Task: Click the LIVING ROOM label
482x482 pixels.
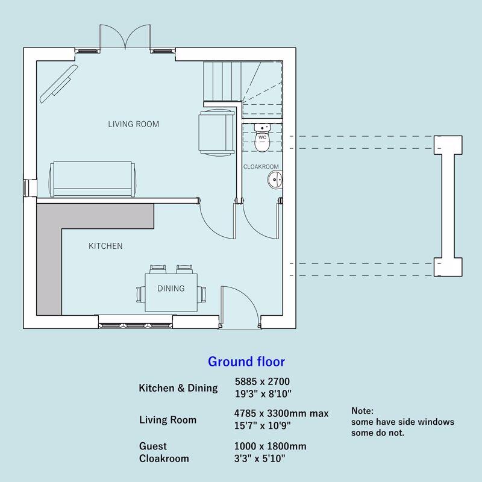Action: pyautogui.click(x=133, y=125)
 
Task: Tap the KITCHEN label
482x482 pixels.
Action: pyautogui.click(x=105, y=246)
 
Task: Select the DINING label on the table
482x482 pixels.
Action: pyautogui.click(x=171, y=289)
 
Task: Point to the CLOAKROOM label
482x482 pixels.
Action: pyautogui.click(x=261, y=167)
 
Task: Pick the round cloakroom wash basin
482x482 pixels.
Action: pyautogui.click(x=275, y=180)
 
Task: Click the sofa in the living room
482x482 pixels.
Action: pyautogui.click(x=93, y=180)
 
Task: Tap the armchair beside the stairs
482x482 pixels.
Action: pyautogui.click(x=214, y=131)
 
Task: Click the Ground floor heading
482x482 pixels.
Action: pyautogui.click(x=246, y=362)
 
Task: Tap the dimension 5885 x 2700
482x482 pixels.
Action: pyautogui.click(x=261, y=381)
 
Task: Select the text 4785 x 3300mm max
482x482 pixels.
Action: pyautogui.click(x=281, y=413)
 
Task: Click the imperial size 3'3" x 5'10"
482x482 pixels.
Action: pyautogui.click(x=259, y=459)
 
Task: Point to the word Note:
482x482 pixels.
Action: pyautogui.click(x=362, y=410)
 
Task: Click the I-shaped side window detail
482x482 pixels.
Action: pyautogui.click(x=449, y=206)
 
